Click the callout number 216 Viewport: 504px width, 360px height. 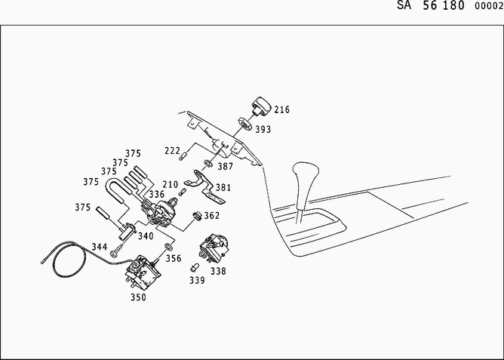(x=281, y=110)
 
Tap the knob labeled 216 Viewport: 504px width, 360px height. (x=263, y=105)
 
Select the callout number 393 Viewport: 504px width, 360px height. (x=263, y=129)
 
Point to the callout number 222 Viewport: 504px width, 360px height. (x=173, y=150)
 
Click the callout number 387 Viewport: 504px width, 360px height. (x=226, y=166)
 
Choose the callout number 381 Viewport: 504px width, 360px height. (x=223, y=187)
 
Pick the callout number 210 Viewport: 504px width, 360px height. (x=170, y=184)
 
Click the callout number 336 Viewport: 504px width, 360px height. (x=156, y=195)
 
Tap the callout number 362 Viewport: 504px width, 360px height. (x=212, y=215)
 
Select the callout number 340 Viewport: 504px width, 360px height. (x=146, y=235)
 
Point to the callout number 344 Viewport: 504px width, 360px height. (x=100, y=247)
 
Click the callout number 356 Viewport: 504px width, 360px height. (x=174, y=257)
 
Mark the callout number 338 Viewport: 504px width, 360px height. (x=217, y=269)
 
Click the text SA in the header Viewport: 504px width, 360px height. (x=405, y=5)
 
